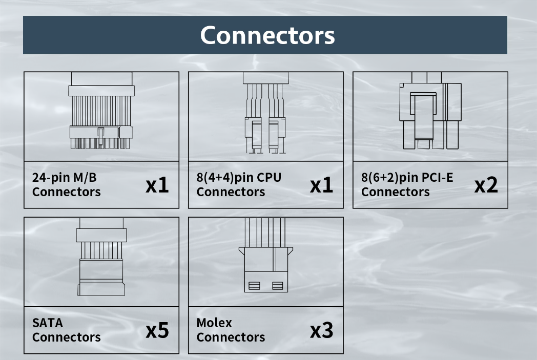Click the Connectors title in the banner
pyautogui.click(x=267, y=35)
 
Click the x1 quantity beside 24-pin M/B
pyautogui.click(x=157, y=185)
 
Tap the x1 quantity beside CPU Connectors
pyautogui.click(x=321, y=185)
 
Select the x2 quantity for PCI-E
pyautogui.click(x=486, y=185)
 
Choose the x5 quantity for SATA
pyautogui.click(x=157, y=330)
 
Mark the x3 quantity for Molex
pyautogui.click(x=321, y=330)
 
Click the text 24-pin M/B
pyautogui.click(x=64, y=178)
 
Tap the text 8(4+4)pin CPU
pyautogui.click(x=239, y=178)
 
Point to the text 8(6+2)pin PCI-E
pyautogui.click(x=407, y=178)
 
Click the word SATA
pyautogui.click(x=48, y=323)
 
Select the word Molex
pyautogui.click(x=214, y=323)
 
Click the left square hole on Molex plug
pyautogui.click(x=254, y=285)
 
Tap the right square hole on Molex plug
pyautogui.click(x=278, y=285)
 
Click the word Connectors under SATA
pyautogui.click(x=67, y=337)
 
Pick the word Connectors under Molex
pyautogui.click(x=231, y=337)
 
